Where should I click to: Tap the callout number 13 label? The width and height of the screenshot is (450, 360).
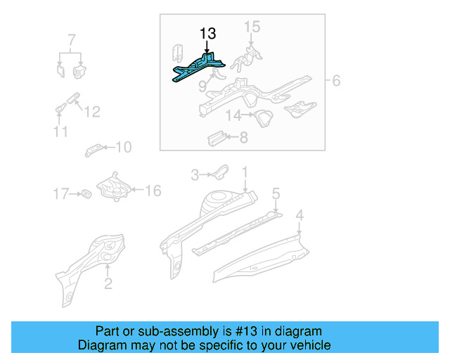[207, 33]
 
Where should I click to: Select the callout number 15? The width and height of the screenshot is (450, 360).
[252, 27]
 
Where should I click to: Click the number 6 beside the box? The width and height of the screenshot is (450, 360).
[336, 81]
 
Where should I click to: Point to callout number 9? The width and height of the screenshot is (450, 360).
[202, 86]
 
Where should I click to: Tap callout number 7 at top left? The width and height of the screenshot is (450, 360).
[71, 39]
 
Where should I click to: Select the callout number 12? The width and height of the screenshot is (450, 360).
[92, 111]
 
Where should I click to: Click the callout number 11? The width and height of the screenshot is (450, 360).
[60, 131]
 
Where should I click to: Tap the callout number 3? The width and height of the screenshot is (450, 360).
[196, 174]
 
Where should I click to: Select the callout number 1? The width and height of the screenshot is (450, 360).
[245, 172]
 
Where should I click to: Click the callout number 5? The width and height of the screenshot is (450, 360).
[276, 192]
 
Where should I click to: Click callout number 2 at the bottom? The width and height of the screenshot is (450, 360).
[108, 283]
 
